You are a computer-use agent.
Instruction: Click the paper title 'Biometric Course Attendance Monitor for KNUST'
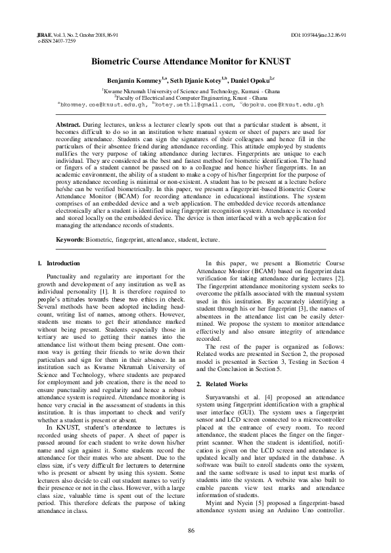click(x=195, y=61)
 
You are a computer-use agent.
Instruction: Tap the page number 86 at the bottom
click(x=191, y=531)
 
